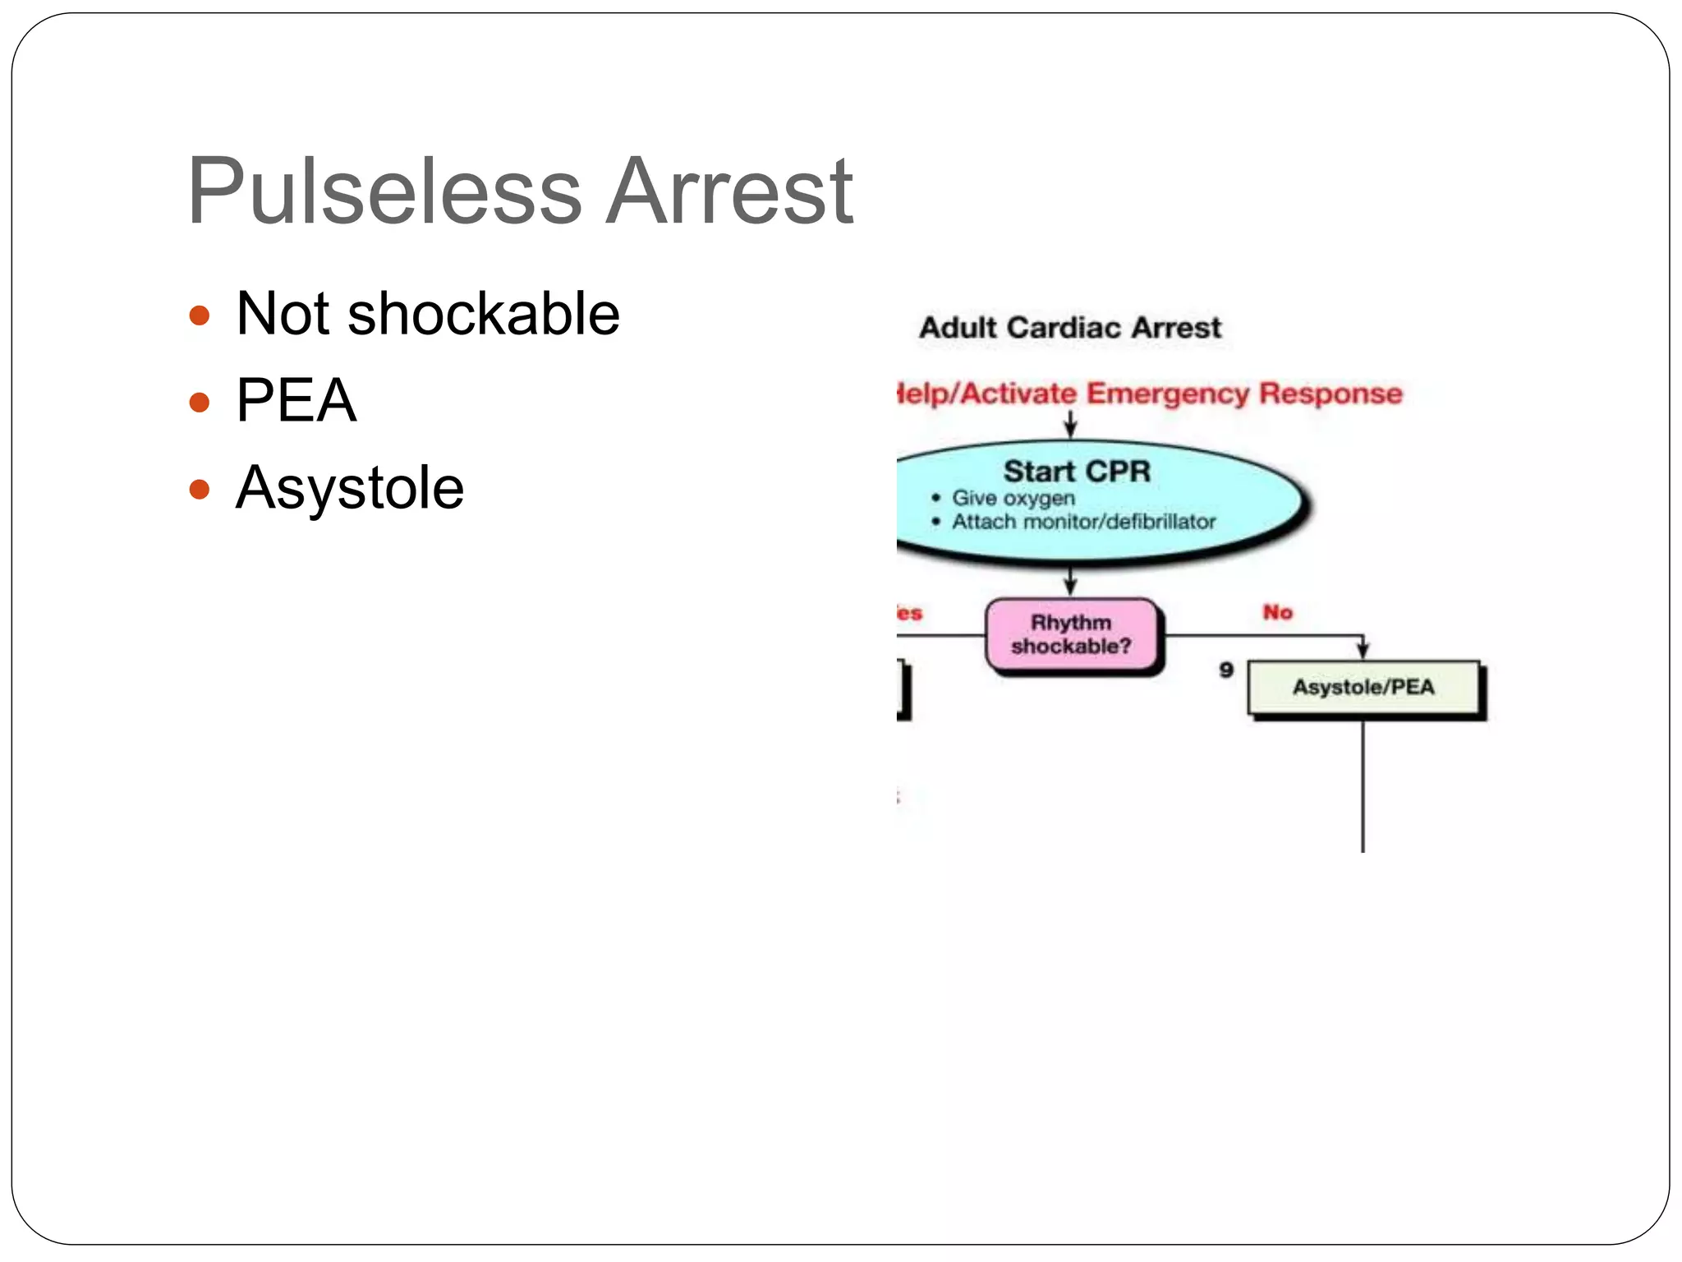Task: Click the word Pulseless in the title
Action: pos(384,193)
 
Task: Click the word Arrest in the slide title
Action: pos(729,193)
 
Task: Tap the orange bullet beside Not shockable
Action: pos(200,315)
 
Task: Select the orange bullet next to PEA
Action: pos(200,403)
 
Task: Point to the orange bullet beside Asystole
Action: pos(200,490)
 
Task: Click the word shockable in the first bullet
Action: pos(483,315)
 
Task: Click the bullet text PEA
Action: pos(296,401)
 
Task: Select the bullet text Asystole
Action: pos(350,489)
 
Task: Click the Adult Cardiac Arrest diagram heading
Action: pos(1070,328)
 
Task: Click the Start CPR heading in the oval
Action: pos(1076,472)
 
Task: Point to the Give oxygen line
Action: pos(1013,498)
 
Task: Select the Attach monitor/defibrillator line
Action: pos(1083,522)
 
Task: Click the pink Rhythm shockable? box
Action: pos(1071,634)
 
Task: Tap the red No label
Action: pos(1277,612)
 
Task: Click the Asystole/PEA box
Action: pos(1363,687)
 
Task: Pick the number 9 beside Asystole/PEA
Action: pos(1226,670)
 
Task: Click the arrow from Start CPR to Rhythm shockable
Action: pos(1070,580)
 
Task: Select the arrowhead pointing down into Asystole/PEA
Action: pos(1363,651)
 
